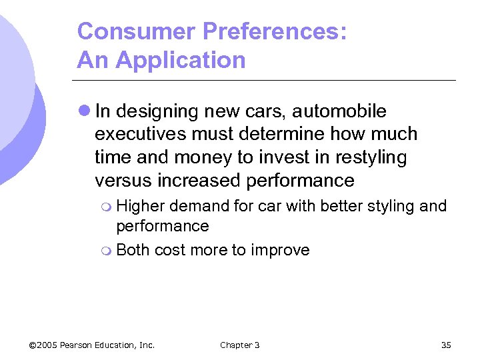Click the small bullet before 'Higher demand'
(x=110, y=206)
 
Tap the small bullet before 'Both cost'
(x=110, y=251)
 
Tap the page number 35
(x=446, y=345)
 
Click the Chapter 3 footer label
(x=240, y=345)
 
